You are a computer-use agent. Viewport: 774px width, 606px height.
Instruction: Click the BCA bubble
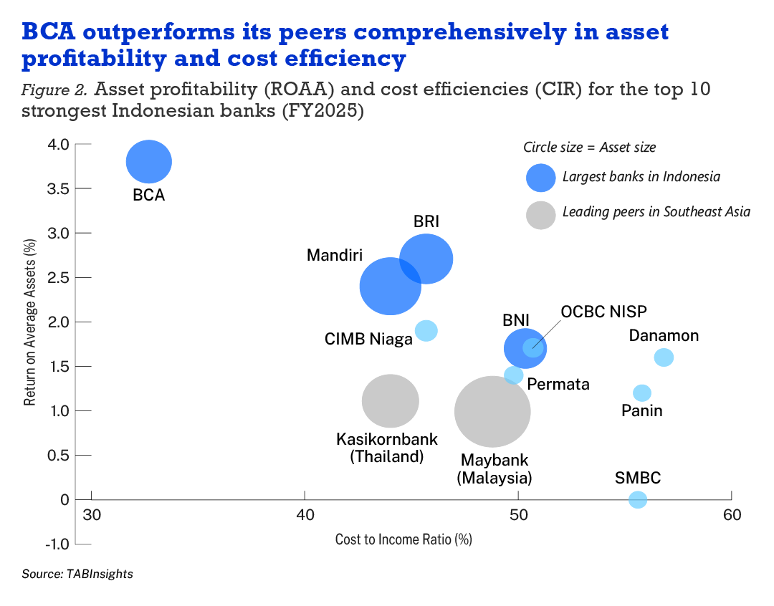click(149, 162)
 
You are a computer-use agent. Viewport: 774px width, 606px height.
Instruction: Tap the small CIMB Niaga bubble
click(426, 331)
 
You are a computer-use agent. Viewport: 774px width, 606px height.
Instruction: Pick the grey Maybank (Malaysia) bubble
click(492, 412)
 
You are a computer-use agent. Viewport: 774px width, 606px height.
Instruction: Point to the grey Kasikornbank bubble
click(390, 401)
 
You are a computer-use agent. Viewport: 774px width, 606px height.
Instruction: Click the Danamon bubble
click(664, 357)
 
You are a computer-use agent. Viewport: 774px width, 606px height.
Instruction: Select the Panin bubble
click(642, 393)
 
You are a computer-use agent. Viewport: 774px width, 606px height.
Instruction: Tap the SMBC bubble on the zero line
click(638, 499)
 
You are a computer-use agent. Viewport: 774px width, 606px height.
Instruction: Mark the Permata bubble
click(513, 375)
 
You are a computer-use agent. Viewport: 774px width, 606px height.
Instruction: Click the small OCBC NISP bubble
click(533, 347)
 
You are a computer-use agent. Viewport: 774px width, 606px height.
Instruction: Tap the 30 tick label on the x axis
click(92, 515)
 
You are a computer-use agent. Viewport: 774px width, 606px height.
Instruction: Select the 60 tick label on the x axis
click(731, 515)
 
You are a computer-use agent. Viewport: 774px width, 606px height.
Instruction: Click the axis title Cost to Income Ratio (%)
click(403, 539)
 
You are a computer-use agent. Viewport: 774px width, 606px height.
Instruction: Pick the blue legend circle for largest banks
click(541, 177)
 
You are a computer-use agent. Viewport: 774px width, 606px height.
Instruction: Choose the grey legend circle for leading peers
click(541, 214)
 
